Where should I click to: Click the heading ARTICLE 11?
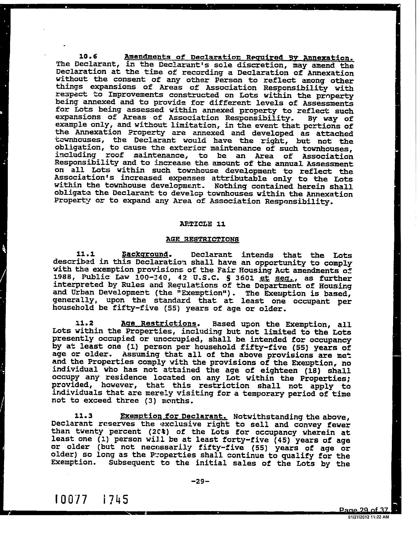click(203, 224)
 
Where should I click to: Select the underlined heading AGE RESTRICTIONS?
click(202, 239)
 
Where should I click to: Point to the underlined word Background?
click(145, 254)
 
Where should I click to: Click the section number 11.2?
click(84, 323)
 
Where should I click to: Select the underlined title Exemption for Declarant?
click(173, 416)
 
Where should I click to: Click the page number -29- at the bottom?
click(200, 481)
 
